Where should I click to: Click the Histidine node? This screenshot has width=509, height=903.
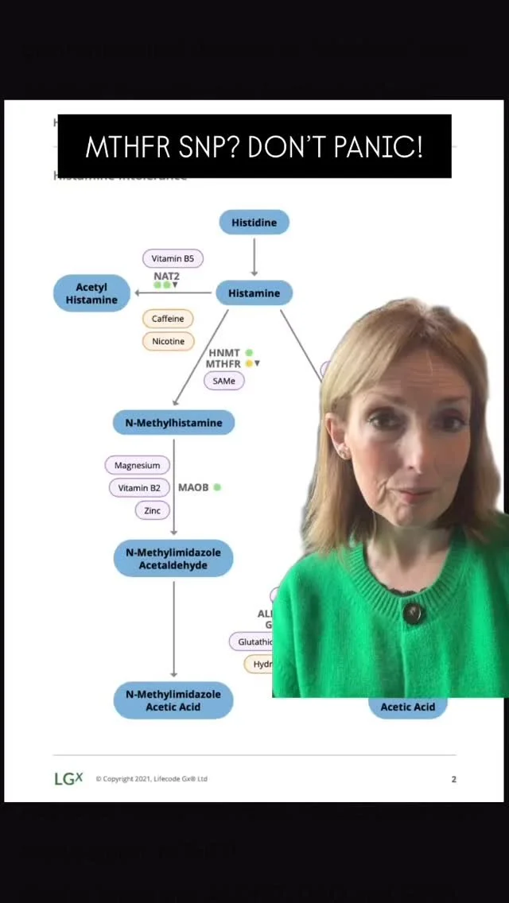254,223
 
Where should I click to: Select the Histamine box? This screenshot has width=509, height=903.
254,293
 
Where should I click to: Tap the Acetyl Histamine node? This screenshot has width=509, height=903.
91,293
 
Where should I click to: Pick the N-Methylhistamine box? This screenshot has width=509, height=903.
173,423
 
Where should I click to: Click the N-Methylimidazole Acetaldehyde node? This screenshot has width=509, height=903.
173,559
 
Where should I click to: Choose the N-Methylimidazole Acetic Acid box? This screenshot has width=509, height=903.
173,700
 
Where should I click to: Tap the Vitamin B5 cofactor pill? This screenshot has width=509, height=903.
173,258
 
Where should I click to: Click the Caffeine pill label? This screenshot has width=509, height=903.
168,319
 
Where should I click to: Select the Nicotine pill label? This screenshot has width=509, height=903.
168,341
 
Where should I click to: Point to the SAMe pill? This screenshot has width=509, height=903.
223,381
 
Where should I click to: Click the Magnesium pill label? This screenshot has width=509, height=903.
137,465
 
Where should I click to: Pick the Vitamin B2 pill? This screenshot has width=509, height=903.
139,487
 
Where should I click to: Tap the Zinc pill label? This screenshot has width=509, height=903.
152,510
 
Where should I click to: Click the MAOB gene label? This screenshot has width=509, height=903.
193,487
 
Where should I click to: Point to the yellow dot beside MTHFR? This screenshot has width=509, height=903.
249,363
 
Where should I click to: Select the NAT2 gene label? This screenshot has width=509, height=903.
166,276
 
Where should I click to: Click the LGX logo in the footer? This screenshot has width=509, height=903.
68,779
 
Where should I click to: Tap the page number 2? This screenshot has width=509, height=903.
454,779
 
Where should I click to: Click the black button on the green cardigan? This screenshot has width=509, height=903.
412,613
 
